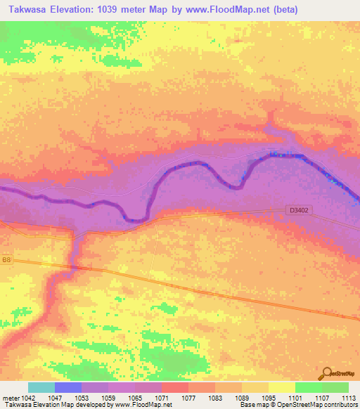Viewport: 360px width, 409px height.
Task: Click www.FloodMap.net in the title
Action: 218,10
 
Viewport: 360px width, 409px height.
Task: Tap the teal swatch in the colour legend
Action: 41,387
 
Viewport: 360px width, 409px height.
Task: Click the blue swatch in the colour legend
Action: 68,387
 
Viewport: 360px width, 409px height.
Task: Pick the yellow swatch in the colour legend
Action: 282,387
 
